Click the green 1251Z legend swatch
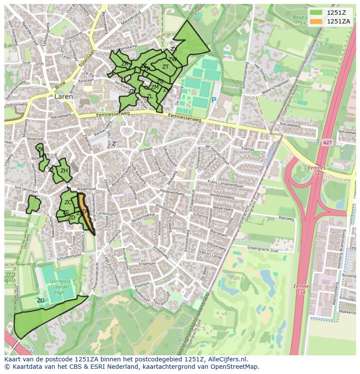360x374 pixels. click(x=317, y=13)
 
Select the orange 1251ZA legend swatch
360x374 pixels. click(x=317, y=22)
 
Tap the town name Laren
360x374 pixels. click(x=63, y=97)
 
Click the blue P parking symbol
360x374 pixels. click(x=213, y=100)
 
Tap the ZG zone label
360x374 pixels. click(x=40, y=300)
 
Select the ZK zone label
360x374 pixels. click(x=40, y=149)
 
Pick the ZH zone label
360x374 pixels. click(x=64, y=171)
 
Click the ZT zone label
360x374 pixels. click(x=165, y=67)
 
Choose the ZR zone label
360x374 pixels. click(x=125, y=64)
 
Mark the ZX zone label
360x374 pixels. click(x=173, y=49)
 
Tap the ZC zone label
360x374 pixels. click(x=68, y=202)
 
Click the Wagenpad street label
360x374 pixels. click(x=86, y=189)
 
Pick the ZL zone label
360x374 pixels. click(x=149, y=96)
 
